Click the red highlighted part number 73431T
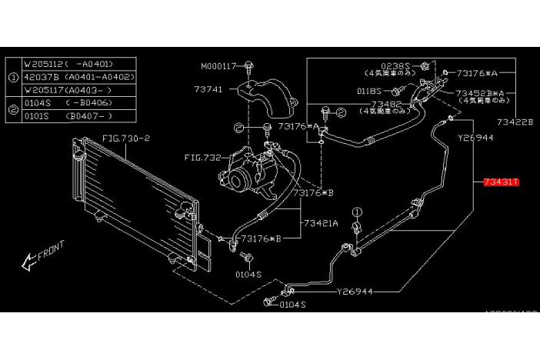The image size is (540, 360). tap(502, 182)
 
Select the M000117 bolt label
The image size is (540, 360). tap(221, 65)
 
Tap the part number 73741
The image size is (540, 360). tap(208, 90)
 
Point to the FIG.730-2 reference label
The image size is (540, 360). tap(127, 138)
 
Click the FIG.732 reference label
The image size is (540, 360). tap(201, 158)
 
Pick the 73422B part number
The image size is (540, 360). tap(515, 122)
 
